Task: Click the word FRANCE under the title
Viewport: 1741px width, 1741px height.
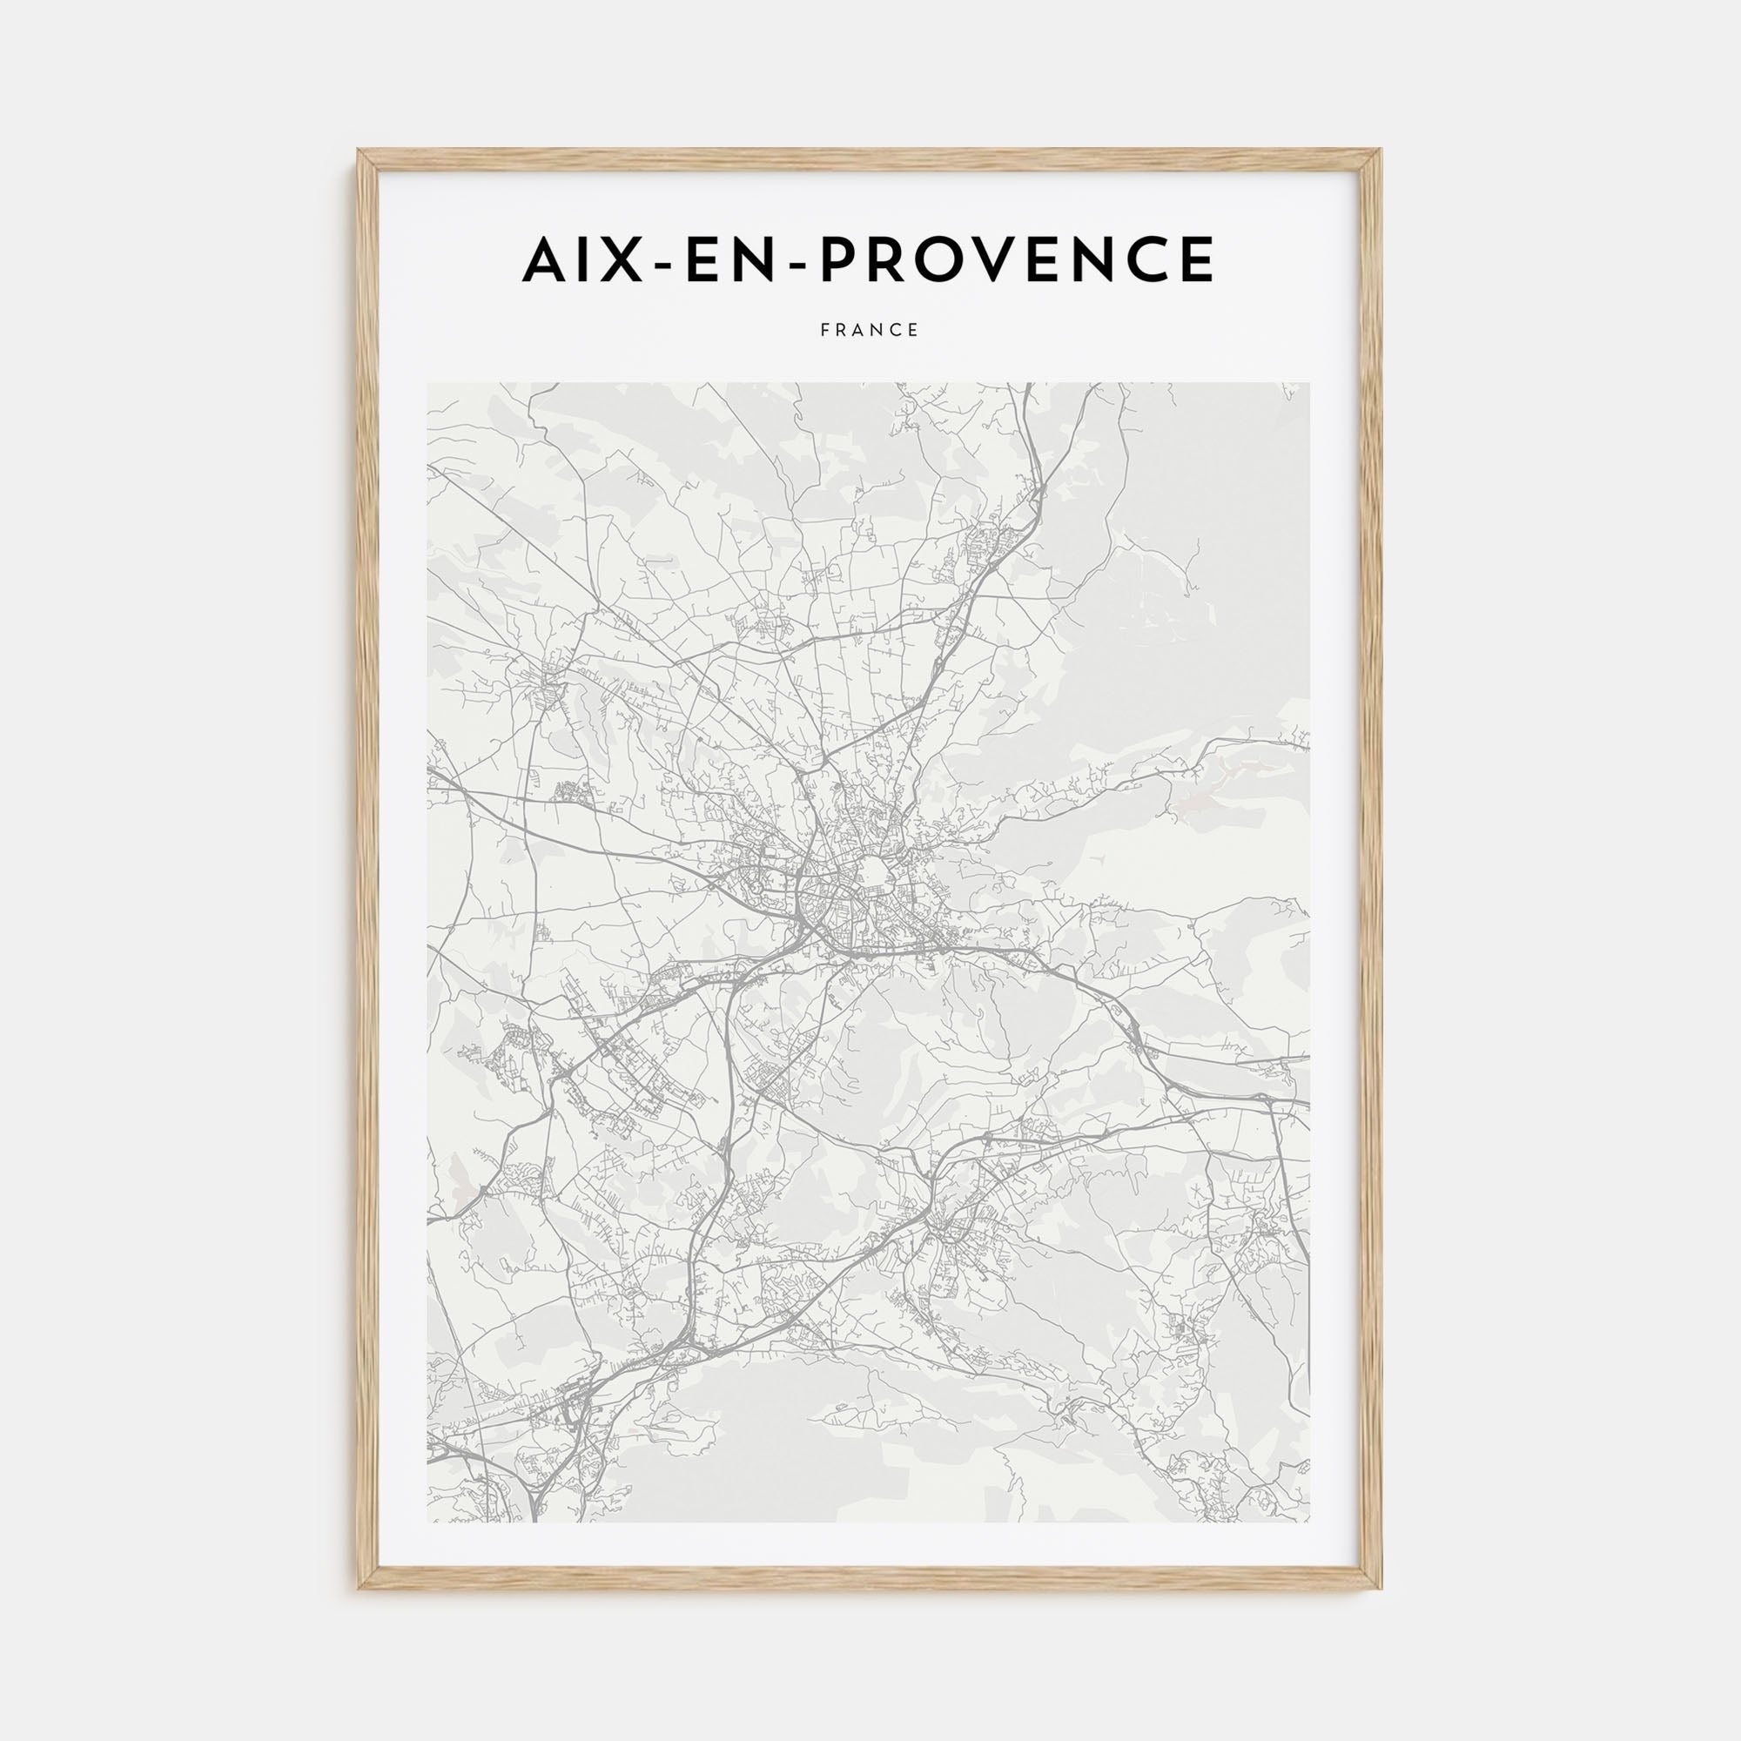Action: [870, 331]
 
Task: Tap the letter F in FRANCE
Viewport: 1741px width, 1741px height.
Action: [824, 331]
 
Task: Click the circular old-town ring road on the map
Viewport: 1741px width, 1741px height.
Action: [873, 871]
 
